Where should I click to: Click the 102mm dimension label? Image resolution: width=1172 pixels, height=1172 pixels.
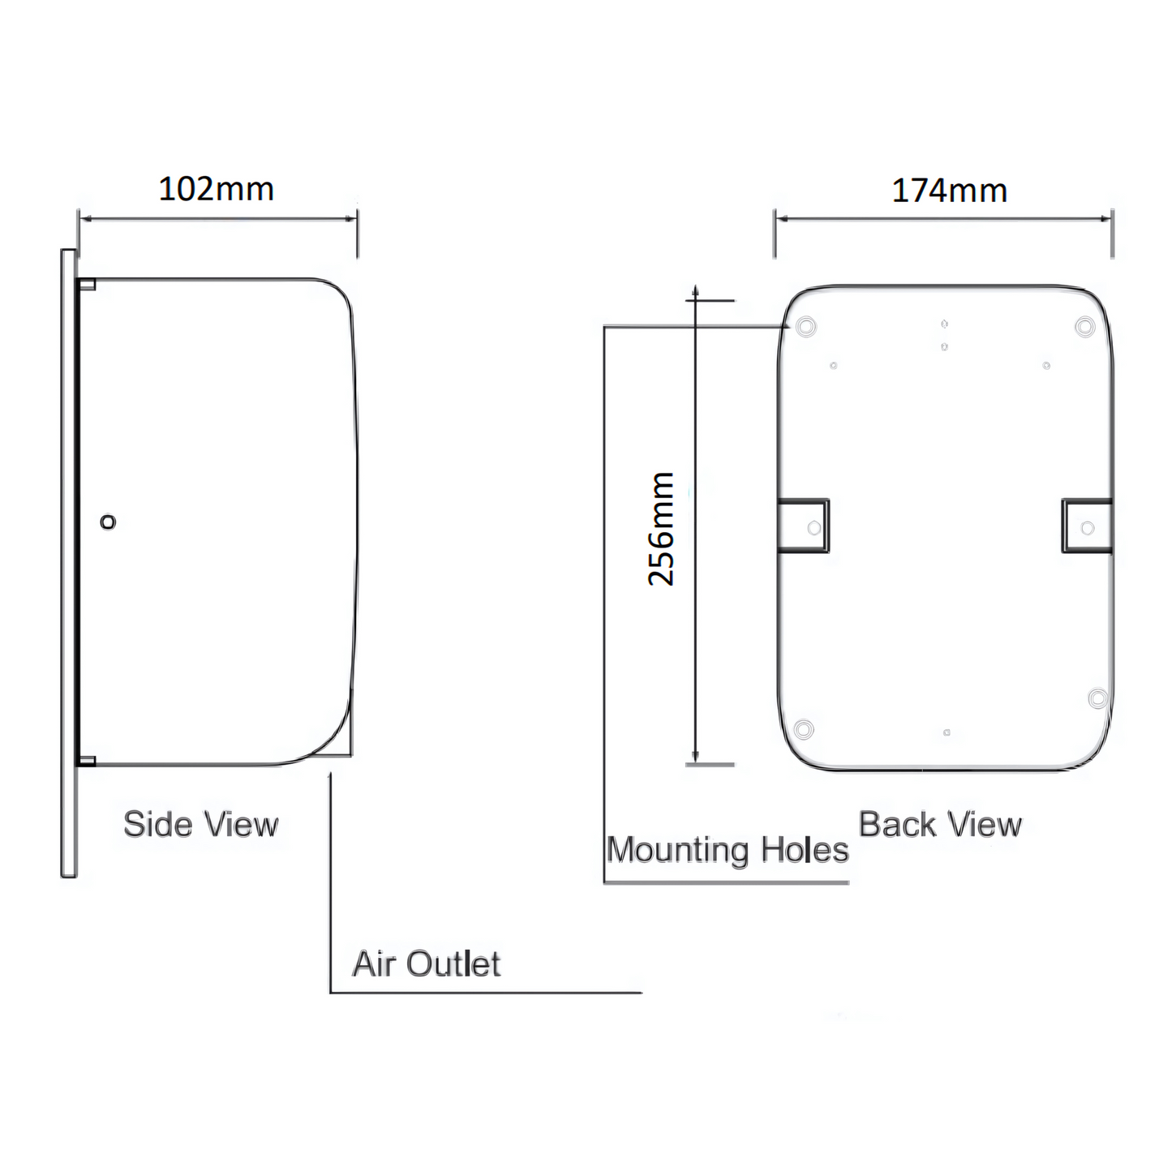216,189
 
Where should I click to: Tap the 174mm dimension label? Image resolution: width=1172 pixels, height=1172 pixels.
949,191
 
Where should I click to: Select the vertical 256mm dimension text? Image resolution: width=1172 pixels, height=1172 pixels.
662,529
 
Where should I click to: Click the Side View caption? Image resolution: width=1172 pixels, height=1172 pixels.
200,825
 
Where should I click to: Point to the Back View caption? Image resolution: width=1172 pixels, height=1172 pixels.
940,825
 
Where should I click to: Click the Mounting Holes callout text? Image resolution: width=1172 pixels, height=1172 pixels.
728,851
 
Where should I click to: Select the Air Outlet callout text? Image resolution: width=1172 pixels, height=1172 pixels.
427,964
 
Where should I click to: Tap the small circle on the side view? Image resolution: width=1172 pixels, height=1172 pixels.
108,522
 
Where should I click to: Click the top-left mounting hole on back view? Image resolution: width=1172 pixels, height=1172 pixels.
805,327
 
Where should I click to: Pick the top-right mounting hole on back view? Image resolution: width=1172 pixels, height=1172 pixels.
1084,327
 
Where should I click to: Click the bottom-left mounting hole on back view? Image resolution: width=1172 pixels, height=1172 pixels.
804,728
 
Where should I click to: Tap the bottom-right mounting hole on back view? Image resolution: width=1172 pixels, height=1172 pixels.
1097,698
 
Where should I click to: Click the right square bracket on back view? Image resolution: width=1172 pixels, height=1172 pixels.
1087,526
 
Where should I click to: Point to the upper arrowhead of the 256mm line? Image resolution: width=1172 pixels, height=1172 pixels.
695,290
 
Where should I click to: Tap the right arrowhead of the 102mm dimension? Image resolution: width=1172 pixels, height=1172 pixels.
351,217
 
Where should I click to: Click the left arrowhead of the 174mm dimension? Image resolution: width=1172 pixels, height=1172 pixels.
780,217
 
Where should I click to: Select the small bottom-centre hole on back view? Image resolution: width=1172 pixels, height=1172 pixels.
947,733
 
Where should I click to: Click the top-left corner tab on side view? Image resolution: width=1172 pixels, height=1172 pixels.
87,284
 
